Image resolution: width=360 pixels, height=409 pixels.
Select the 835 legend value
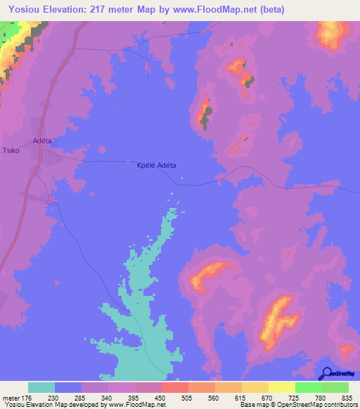coord(348,397)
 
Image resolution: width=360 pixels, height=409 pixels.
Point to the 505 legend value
coord(188,397)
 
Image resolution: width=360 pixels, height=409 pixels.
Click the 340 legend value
coord(108,397)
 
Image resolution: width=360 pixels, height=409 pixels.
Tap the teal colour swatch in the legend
coord(41,387)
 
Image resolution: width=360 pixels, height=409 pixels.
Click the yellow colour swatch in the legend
coord(282,387)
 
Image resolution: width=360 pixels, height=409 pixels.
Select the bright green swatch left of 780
coord(309,387)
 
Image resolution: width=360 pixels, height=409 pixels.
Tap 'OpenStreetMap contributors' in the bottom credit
coord(316,405)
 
